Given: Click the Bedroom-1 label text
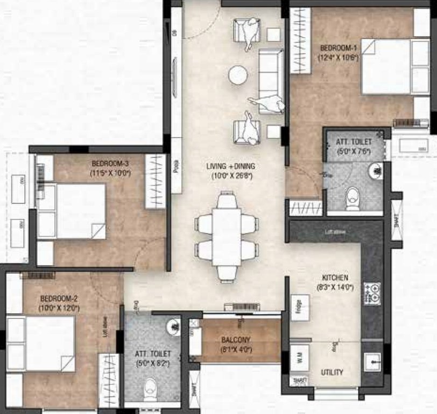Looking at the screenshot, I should [337, 47].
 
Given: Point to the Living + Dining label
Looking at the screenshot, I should [230, 165].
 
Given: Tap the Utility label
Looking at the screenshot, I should [332, 372].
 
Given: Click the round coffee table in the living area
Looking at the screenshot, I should [238, 75].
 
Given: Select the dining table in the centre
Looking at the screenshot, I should [226, 237].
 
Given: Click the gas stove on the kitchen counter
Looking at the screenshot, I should [372, 293].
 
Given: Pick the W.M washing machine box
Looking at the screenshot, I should [298, 357].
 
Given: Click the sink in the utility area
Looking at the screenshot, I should [372, 360].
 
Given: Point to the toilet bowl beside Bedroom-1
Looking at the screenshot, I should [353, 198].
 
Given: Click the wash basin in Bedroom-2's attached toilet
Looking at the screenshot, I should [172, 327].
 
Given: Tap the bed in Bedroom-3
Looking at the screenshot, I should [72, 211].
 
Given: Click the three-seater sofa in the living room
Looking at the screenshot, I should [271, 81].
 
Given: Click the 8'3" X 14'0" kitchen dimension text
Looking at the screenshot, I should [335, 287].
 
